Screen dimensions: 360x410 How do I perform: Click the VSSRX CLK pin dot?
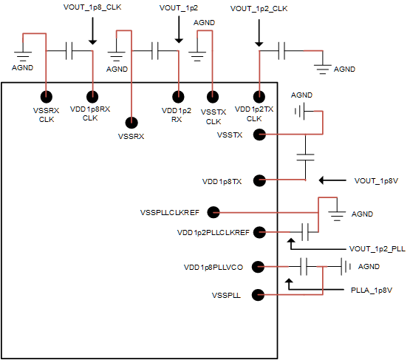tap(47, 96)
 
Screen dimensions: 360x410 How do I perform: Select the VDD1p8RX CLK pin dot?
tap(92, 96)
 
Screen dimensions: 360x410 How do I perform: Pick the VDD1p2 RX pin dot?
tap(178, 96)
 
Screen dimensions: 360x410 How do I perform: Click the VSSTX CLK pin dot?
tap(213, 96)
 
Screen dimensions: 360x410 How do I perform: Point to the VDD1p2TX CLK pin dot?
tap(259, 96)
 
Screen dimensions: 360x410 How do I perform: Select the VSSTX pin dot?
tap(259, 135)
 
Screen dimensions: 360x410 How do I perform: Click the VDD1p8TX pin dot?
tap(259, 180)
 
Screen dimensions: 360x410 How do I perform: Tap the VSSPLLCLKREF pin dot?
tap(213, 212)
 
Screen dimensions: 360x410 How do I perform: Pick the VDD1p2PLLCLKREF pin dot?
tap(259, 232)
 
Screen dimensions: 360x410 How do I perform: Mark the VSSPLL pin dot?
tap(259, 295)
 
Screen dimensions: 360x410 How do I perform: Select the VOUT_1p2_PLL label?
tap(377, 249)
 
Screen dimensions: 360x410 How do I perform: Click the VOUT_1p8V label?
tap(377, 180)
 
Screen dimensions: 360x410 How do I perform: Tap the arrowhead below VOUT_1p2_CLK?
tap(259, 41)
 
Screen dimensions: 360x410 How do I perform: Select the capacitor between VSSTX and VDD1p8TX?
tap(305, 157)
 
